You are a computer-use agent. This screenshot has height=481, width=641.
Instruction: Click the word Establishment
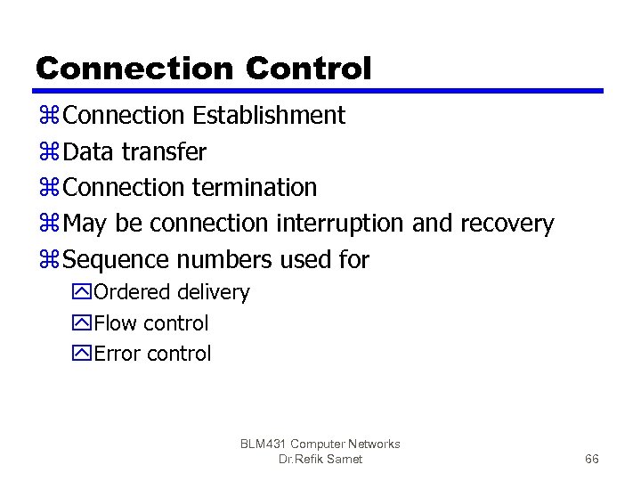click(269, 116)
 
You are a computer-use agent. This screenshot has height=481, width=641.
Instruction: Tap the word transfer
click(164, 152)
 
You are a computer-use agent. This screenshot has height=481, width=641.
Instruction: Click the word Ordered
click(133, 292)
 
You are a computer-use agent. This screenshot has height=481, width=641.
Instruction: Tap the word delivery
click(214, 292)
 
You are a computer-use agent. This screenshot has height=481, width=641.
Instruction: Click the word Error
click(118, 354)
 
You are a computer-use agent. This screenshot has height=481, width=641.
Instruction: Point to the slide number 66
click(591, 459)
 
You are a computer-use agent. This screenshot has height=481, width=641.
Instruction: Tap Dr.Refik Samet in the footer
click(320, 459)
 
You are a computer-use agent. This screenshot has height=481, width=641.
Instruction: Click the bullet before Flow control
click(83, 323)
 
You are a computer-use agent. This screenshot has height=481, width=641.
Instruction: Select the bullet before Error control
click(83, 354)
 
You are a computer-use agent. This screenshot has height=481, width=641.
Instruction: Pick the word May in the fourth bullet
click(86, 224)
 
